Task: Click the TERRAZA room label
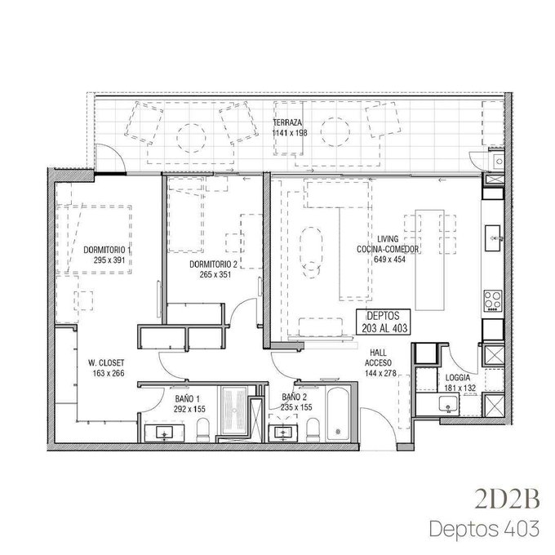[x=287, y=122]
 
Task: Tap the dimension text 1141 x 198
[x=290, y=133]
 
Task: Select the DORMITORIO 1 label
[x=107, y=250]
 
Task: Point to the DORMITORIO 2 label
[x=214, y=264]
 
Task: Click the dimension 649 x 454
[x=389, y=259]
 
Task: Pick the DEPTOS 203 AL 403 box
[x=384, y=322]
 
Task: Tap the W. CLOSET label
[x=106, y=363]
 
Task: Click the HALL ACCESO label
[x=379, y=357]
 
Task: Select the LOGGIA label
[x=458, y=378]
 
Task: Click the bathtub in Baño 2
[x=339, y=415]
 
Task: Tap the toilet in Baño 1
[x=202, y=429]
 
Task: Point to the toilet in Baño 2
[x=313, y=429]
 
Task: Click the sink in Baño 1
[x=165, y=433]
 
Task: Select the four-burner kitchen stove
[x=493, y=300]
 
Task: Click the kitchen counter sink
[x=493, y=238]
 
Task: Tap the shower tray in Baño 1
[x=234, y=410]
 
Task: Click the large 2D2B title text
[x=507, y=499]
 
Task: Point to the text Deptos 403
[x=484, y=528]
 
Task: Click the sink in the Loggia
[x=448, y=404]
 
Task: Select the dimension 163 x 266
[x=109, y=373]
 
